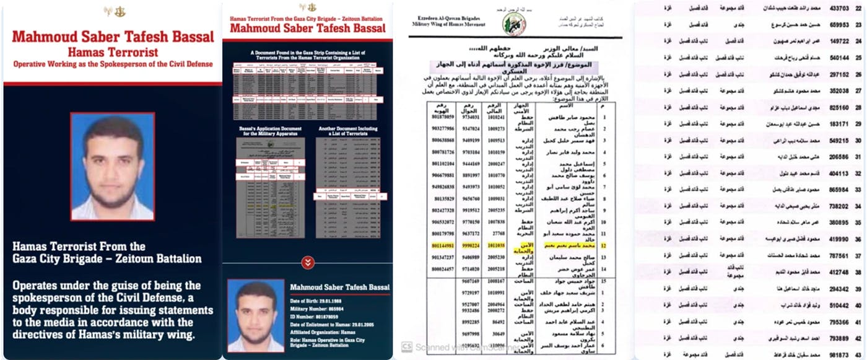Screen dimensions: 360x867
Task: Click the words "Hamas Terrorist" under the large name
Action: point(113,52)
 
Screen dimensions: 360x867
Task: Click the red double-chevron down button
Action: point(308,262)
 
